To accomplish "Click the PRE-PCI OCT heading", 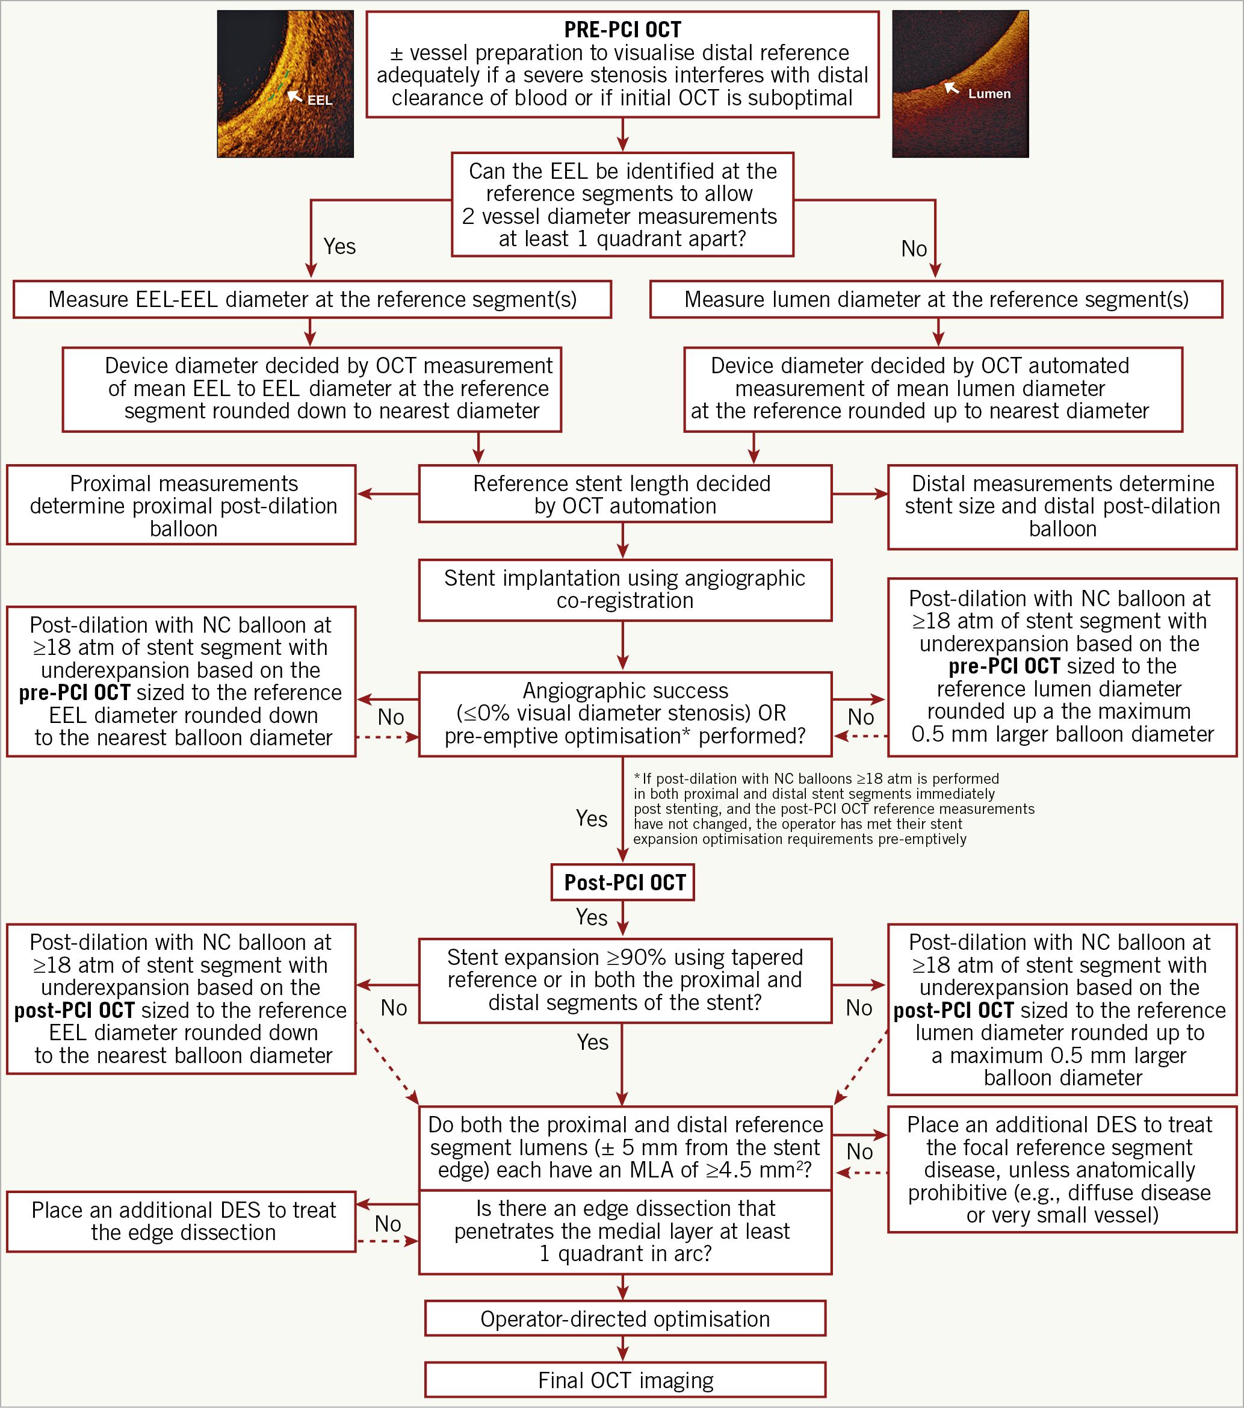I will pyautogui.click(x=622, y=29).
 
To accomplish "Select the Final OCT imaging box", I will pyautogui.click(x=625, y=1380).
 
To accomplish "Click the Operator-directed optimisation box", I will pyautogui.click(x=625, y=1318).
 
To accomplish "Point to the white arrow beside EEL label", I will pyautogui.click(x=295, y=95).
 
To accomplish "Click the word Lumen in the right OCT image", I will pyautogui.click(x=989, y=94).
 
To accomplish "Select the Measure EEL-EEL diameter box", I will pyautogui.click(x=312, y=299).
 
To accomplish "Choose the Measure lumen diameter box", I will pyautogui.click(x=936, y=299).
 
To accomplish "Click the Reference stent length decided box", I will pyautogui.click(x=625, y=494).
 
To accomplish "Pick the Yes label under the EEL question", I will pyautogui.click(x=339, y=246).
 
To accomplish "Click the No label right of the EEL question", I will pyautogui.click(x=914, y=249).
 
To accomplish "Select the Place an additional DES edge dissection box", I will pyautogui.click(x=181, y=1221).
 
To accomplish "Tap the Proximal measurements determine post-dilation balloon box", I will pyautogui.click(x=181, y=505).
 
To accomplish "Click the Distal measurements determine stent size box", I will pyautogui.click(x=1062, y=506).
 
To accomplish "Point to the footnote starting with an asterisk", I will pyautogui.click(x=834, y=808).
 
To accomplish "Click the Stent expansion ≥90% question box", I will pyautogui.click(x=625, y=980).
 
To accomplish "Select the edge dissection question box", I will pyautogui.click(x=625, y=1231).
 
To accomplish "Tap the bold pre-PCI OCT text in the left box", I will pyautogui.click(x=75, y=692).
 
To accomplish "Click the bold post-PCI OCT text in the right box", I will pyautogui.click(x=953, y=1011).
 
